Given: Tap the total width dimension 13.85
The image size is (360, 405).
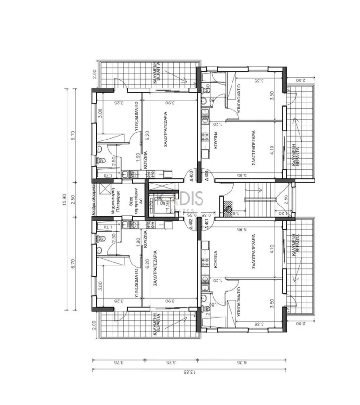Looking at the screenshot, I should tap(190, 373).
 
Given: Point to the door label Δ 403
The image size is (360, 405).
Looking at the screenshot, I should tap(191, 176).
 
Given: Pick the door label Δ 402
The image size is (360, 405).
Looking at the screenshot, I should tap(191, 222).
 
